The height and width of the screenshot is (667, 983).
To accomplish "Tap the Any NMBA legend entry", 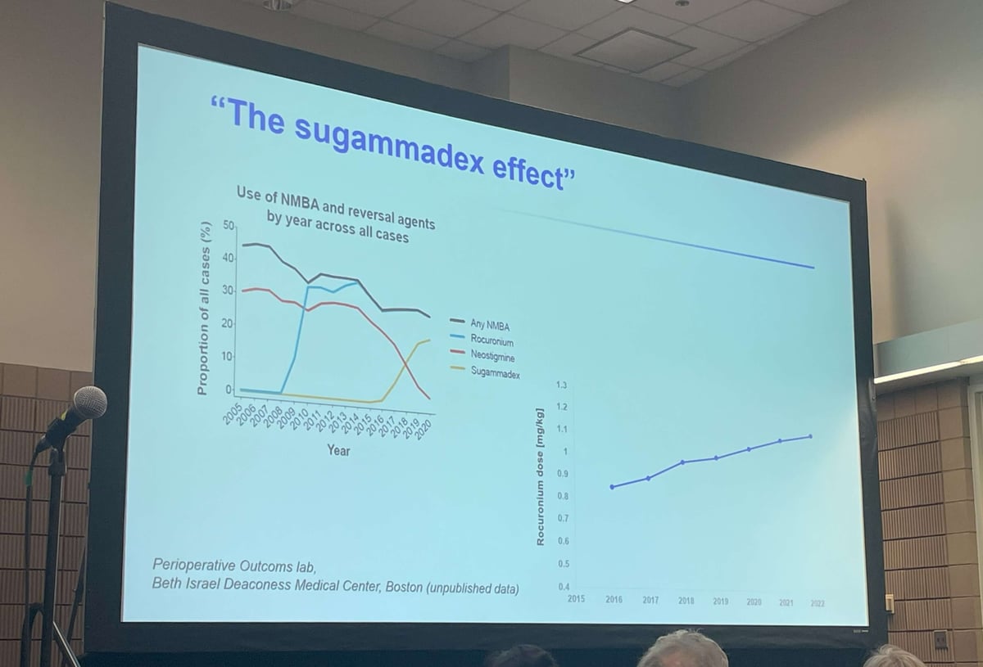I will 490,326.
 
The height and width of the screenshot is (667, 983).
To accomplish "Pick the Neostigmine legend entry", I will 493,356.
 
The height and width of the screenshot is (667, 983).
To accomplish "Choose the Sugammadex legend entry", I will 495,372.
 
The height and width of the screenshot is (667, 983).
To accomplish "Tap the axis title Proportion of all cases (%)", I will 204,308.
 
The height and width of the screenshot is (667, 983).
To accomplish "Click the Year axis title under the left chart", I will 337,450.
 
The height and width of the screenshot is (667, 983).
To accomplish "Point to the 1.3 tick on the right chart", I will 561,385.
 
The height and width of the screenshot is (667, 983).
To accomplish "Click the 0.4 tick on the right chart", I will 563,587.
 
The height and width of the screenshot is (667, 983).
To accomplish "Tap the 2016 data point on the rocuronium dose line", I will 612,487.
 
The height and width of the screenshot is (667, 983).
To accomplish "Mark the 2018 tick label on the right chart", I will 686,601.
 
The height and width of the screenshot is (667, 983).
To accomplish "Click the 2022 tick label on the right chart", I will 817,603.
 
